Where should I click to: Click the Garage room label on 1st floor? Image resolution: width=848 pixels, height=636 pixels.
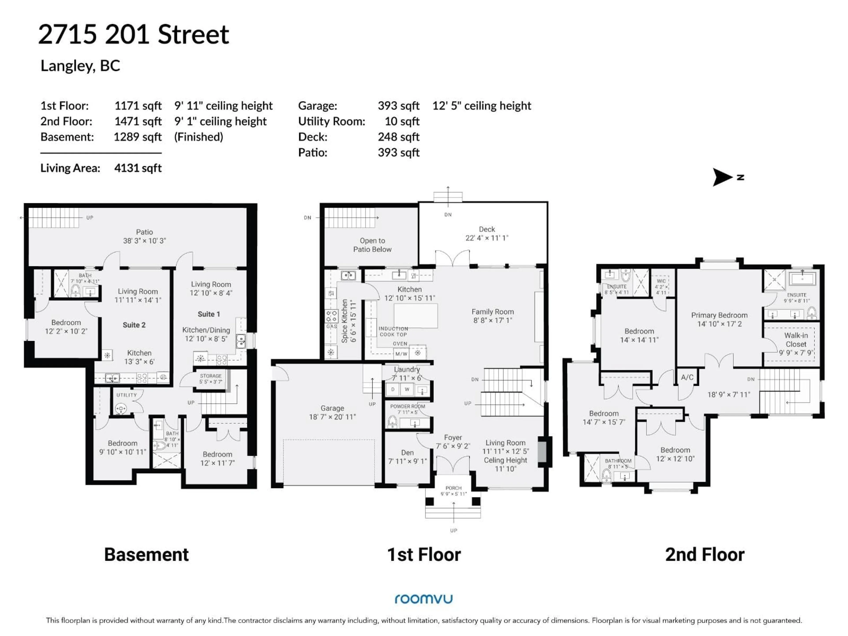point(332,408)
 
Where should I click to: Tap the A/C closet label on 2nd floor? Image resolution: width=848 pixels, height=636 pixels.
point(687,377)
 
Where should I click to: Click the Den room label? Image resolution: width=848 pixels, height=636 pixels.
point(407,453)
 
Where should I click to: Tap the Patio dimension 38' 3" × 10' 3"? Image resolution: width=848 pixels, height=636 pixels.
point(144,241)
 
